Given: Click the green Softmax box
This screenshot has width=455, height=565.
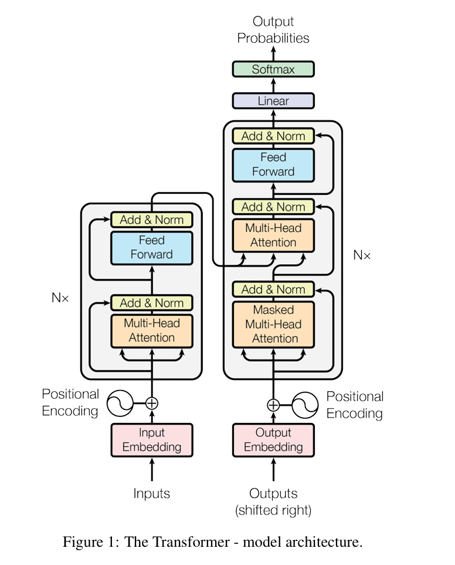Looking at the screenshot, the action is (273, 69).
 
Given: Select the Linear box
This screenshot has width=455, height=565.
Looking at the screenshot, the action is (273, 101).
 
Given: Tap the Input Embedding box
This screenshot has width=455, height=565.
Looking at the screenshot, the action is (152, 440).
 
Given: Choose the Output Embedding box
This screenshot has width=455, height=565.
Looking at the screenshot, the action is (273, 440).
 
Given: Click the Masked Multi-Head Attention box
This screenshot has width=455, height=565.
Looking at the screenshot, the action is (273, 324).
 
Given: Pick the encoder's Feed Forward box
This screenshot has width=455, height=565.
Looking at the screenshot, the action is (152, 248).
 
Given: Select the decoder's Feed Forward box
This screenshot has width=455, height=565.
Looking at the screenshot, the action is (273, 165).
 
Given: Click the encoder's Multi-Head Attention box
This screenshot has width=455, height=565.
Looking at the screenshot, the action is (152, 331).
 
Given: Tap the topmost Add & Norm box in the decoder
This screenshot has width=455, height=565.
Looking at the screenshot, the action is (273, 136).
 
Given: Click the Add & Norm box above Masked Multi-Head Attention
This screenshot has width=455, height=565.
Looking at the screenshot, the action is (273, 290).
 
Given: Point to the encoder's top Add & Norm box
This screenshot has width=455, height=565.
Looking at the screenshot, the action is (152, 220).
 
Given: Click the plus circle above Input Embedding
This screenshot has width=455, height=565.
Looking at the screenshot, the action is (152, 403).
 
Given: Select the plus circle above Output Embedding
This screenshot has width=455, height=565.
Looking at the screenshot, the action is (273, 405).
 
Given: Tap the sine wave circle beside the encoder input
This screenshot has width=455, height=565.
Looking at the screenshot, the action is (121, 403).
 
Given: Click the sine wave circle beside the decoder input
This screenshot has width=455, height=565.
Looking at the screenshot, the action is (305, 405).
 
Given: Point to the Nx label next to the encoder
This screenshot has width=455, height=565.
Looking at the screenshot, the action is (60, 298).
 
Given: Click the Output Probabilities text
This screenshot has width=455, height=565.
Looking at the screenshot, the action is (273, 29).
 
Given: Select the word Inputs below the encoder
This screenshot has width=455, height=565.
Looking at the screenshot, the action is (151, 493).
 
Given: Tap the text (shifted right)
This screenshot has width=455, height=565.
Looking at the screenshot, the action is (273, 510).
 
